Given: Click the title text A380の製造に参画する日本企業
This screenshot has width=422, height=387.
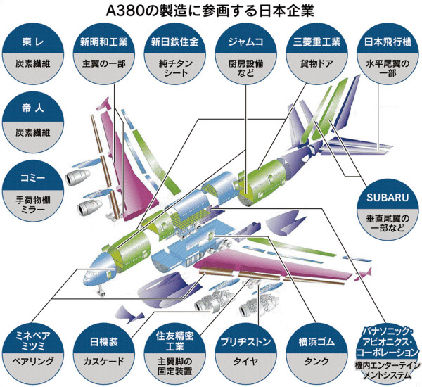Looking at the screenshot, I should [x=210, y=11].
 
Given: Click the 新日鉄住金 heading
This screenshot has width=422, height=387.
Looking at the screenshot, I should [x=175, y=41].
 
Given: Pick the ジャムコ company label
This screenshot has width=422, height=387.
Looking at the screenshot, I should [x=246, y=41].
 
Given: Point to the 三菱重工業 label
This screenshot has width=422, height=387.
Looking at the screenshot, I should [x=316, y=41].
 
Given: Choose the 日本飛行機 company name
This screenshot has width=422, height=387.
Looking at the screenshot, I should [x=386, y=41].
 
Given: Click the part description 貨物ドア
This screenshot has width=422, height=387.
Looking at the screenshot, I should [x=316, y=63].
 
